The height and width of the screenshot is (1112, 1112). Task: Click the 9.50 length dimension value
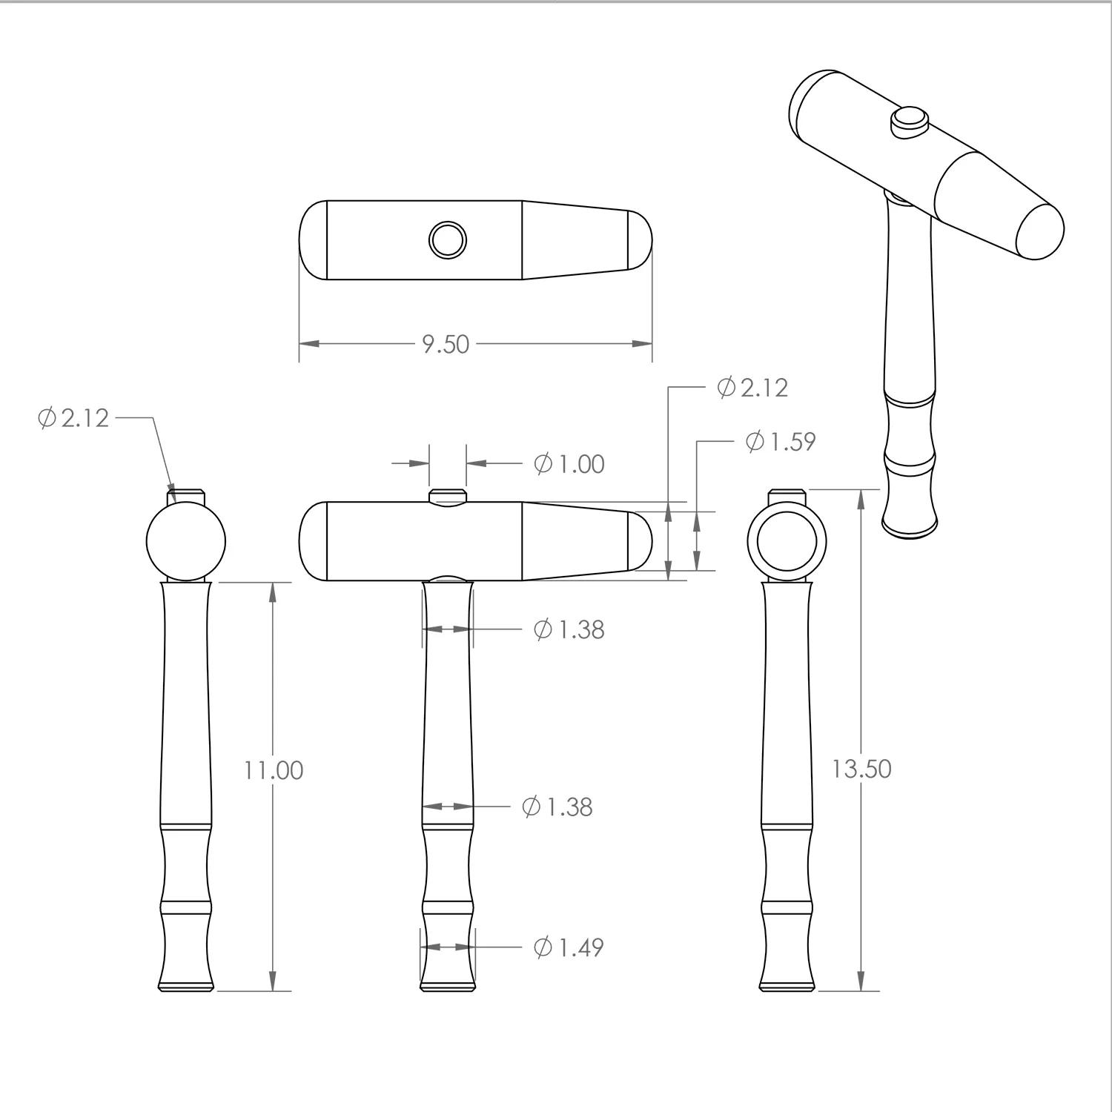click(446, 344)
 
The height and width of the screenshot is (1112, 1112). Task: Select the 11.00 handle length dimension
click(274, 770)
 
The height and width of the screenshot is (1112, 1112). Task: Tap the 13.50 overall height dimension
click(861, 769)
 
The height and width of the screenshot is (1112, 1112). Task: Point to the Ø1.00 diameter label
click(569, 464)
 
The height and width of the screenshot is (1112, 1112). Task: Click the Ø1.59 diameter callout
click(780, 441)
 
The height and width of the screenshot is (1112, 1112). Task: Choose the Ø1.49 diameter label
click(568, 947)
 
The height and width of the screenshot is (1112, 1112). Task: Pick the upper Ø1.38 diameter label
click(569, 629)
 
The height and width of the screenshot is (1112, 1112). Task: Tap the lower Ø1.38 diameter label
click(557, 806)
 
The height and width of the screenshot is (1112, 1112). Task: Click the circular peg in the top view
click(448, 239)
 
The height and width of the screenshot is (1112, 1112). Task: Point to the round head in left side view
click(186, 541)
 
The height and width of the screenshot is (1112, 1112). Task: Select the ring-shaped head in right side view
click(787, 540)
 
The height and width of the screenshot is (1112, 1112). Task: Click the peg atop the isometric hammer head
click(908, 121)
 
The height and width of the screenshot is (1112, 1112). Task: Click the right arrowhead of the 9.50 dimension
click(642, 344)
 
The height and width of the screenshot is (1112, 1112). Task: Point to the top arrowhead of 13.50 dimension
click(861, 499)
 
